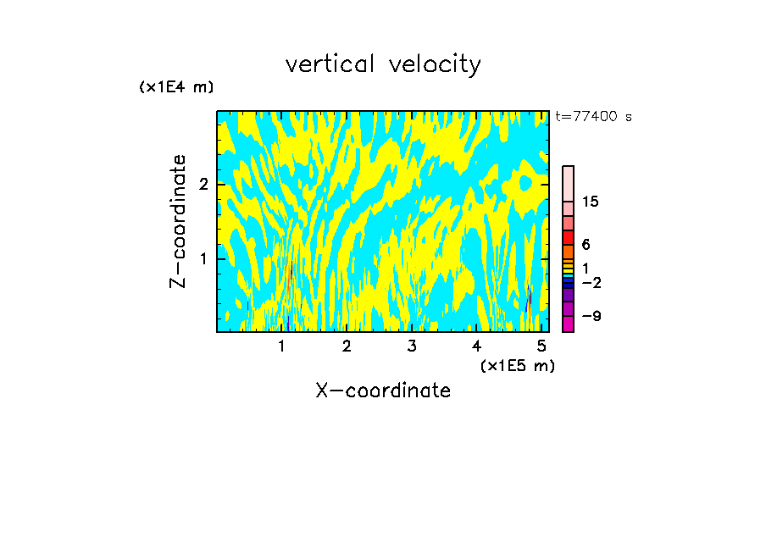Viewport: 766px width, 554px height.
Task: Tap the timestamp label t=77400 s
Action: (593, 117)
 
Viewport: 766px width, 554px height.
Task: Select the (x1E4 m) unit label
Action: (176, 87)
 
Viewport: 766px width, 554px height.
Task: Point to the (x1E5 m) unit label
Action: (517, 365)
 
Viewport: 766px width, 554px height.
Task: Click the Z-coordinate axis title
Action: (178, 221)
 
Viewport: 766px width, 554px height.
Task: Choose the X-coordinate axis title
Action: (383, 391)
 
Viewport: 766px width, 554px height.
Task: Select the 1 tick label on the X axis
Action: (281, 346)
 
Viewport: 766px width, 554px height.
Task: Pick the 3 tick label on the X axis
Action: (412, 346)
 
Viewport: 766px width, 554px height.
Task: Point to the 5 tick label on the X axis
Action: (541, 346)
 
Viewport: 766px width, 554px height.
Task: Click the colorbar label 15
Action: (591, 202)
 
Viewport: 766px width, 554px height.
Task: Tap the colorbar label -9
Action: (591, 316)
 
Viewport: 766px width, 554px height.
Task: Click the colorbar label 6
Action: (586, 245)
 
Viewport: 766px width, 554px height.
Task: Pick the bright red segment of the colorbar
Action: (569, 237)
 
